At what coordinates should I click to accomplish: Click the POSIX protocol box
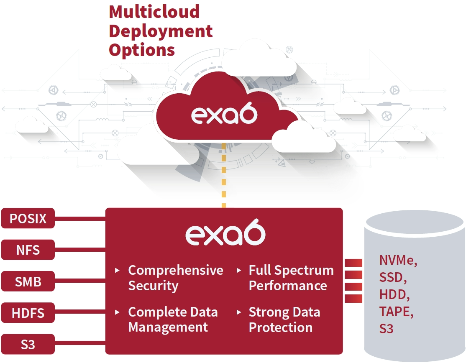pos(28,218)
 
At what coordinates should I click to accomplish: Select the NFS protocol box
pos(28,250)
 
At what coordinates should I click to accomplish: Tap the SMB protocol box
pos(28,281)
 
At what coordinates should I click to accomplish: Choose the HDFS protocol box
pos(28,313)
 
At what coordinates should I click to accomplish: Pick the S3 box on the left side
pos(28,344)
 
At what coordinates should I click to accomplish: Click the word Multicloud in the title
pos(154,12)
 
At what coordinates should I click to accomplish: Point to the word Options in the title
pos(142,50)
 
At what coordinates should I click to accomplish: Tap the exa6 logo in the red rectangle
pos(225,232)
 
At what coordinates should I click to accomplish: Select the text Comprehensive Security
pos(176,278)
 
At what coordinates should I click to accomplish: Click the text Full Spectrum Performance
pos(291,278)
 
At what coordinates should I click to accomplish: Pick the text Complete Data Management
pos(173,320)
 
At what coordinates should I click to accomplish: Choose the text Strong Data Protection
pos(284,320)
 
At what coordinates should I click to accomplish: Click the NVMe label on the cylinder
pos(398,260)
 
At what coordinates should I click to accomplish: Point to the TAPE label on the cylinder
pos(396,312)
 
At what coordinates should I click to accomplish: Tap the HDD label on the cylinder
pos(394,294)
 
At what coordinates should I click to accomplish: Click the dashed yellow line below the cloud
pos(224,175)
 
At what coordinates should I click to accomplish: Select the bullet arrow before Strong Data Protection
pos(238,312)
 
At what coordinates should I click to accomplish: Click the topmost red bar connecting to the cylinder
pos(353,263)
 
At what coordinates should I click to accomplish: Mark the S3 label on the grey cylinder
pos(387,329)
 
